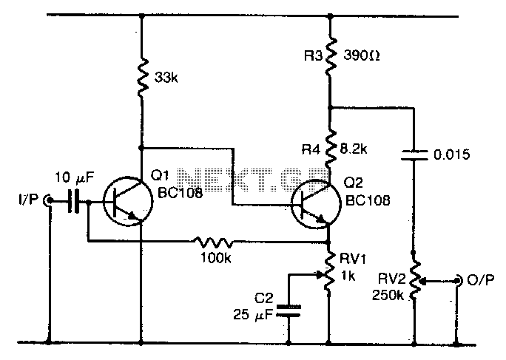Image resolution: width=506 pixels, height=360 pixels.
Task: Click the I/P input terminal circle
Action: pyautogui.click(x=48, y=200)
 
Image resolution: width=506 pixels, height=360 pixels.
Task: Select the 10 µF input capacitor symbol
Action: pyautogui.click(x=73, y=201)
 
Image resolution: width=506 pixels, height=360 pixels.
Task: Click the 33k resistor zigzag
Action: pyautogui.click(x=142, y=78)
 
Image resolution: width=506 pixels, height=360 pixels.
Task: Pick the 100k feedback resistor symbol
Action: pyautogui.click(x=214, y=242)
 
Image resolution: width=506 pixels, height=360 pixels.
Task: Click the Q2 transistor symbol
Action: pyautogui.click(x=316, y=205)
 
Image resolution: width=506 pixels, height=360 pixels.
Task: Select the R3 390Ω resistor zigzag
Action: pyautogui.click(x=330, y=57)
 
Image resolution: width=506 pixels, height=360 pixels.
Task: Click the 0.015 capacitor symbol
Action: pyautogui.click(x=414, y=154)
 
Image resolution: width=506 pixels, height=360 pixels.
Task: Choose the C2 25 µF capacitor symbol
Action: pyautogui.click(x=289, y=310)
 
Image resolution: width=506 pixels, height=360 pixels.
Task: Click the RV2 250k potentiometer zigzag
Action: pyautogui.click(x=415, y=280)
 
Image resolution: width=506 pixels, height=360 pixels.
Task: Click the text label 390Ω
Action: pyautogui.click(x=362, y=55)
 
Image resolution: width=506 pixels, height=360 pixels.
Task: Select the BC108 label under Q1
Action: pyautogui.click(x=180, y=193)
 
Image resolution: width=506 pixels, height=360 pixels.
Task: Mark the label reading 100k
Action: pyautogui.click(x=215, y=258)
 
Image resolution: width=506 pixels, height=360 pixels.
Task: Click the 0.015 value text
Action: pyautogui.click(x=451, y=154)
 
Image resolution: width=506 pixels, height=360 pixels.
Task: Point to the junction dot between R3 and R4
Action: pyautogui.click(x=330, y=107)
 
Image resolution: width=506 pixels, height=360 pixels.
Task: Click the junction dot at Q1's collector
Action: pyautogui.click(x=141, y=148)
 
